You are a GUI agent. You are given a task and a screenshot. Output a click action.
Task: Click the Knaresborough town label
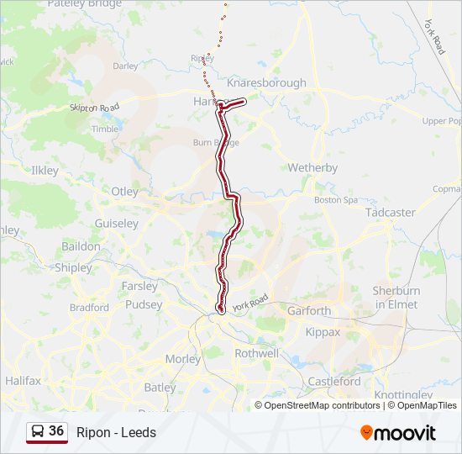point(273,83)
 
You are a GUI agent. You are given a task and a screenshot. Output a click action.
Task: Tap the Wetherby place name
point(312,168)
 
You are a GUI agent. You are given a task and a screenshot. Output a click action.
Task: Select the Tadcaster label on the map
point(390,213)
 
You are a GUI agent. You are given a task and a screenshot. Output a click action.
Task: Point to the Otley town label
point(124,192)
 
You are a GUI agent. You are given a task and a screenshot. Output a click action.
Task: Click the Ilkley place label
point(45,171)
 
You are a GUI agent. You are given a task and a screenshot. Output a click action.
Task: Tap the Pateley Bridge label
point(84,4)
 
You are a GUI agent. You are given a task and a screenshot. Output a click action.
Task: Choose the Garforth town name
point(309,310)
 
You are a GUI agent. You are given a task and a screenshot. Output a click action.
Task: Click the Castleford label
point(334,381)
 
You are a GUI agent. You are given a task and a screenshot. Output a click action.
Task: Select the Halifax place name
point(23,381)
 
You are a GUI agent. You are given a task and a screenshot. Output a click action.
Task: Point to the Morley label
point(183,359)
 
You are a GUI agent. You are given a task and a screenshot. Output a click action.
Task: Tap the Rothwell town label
point(256,354)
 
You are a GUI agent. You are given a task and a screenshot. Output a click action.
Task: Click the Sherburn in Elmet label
point(395,297)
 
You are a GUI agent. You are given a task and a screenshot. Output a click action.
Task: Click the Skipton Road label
point(96,108)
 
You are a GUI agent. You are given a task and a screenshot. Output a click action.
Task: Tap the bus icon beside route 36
point(39,431)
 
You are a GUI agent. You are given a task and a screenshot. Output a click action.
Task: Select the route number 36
point(56,431)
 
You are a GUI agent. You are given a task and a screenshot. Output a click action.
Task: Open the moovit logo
point(398,432)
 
